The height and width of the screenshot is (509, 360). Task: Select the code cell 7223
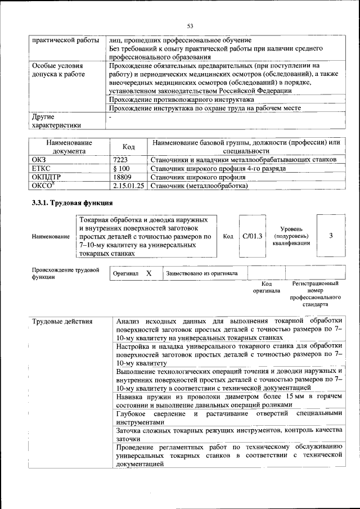[121, 160]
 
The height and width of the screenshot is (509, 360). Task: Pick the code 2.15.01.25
[128, 185]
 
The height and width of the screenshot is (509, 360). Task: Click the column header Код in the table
[128, 147]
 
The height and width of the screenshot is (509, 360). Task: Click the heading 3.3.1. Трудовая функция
[73, 202]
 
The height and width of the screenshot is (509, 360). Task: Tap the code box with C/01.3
[253, 236]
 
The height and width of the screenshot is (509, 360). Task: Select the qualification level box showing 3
[331, 236]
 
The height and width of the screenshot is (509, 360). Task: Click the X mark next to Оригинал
[149, 273]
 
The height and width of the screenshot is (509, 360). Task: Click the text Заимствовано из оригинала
[201, 273]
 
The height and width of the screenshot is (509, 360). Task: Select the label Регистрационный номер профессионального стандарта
[315, 294]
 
